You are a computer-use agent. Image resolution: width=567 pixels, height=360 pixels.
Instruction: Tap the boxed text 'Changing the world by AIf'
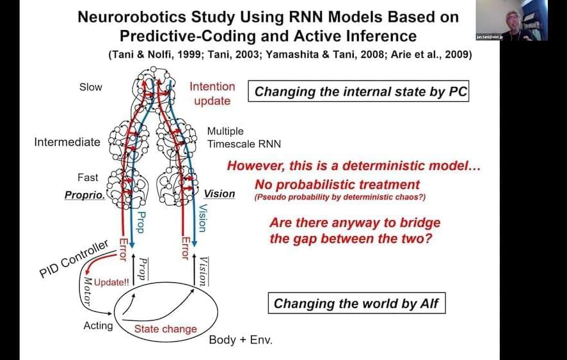point(356,302)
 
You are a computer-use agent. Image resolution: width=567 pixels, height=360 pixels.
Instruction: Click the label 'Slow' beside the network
point(90,87)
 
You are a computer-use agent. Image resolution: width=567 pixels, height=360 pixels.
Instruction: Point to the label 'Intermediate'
point(67,142)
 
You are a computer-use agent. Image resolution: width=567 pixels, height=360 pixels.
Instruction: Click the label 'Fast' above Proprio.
point(88,178)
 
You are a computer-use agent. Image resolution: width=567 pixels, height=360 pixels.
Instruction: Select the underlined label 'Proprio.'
point(84,194)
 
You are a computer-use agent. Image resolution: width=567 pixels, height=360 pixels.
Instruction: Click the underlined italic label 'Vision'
point(220,194)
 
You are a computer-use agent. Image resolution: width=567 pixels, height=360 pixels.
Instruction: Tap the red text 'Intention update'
point(212,93)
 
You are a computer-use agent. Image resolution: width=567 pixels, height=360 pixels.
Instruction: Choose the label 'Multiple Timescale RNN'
point(244,137)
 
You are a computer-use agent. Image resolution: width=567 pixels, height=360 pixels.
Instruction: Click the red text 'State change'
point(165,329)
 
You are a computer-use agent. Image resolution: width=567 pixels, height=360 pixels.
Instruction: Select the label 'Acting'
point(98,325)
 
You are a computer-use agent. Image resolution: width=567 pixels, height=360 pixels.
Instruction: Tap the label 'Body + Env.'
point(241,340)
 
